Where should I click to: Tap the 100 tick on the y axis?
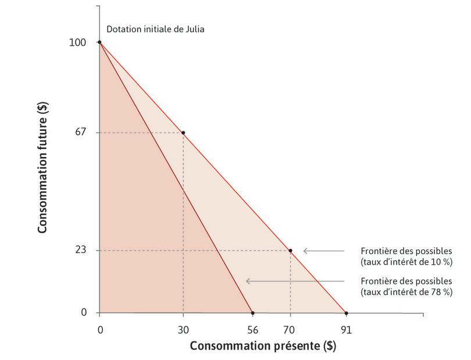click(79, 42)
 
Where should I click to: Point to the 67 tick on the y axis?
click(81, 133)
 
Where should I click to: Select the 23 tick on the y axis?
click(81, 251)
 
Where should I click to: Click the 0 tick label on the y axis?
click(84, 313)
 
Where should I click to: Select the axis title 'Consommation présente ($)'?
click(263, 345)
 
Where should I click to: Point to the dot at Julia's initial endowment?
click(99, 42)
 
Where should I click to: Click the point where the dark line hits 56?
click(252, 313)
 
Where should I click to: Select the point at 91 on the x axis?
click(346, 313)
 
